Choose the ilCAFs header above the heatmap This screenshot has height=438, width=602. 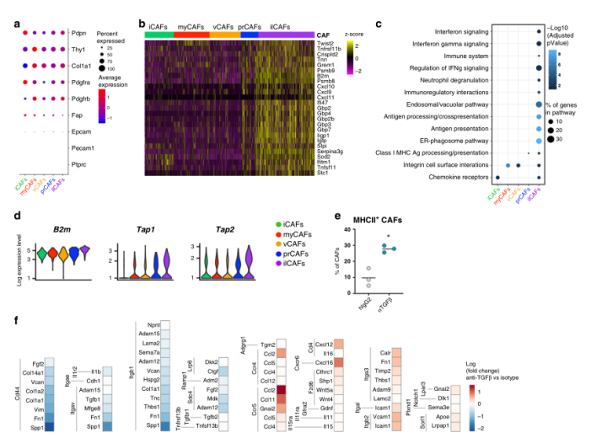(275, 26)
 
